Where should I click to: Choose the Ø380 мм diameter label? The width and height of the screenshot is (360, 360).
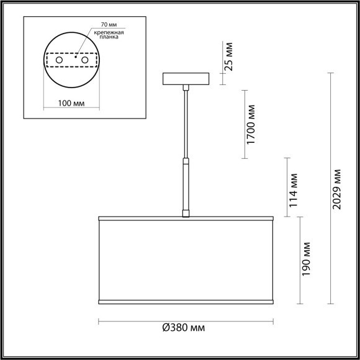184,328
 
